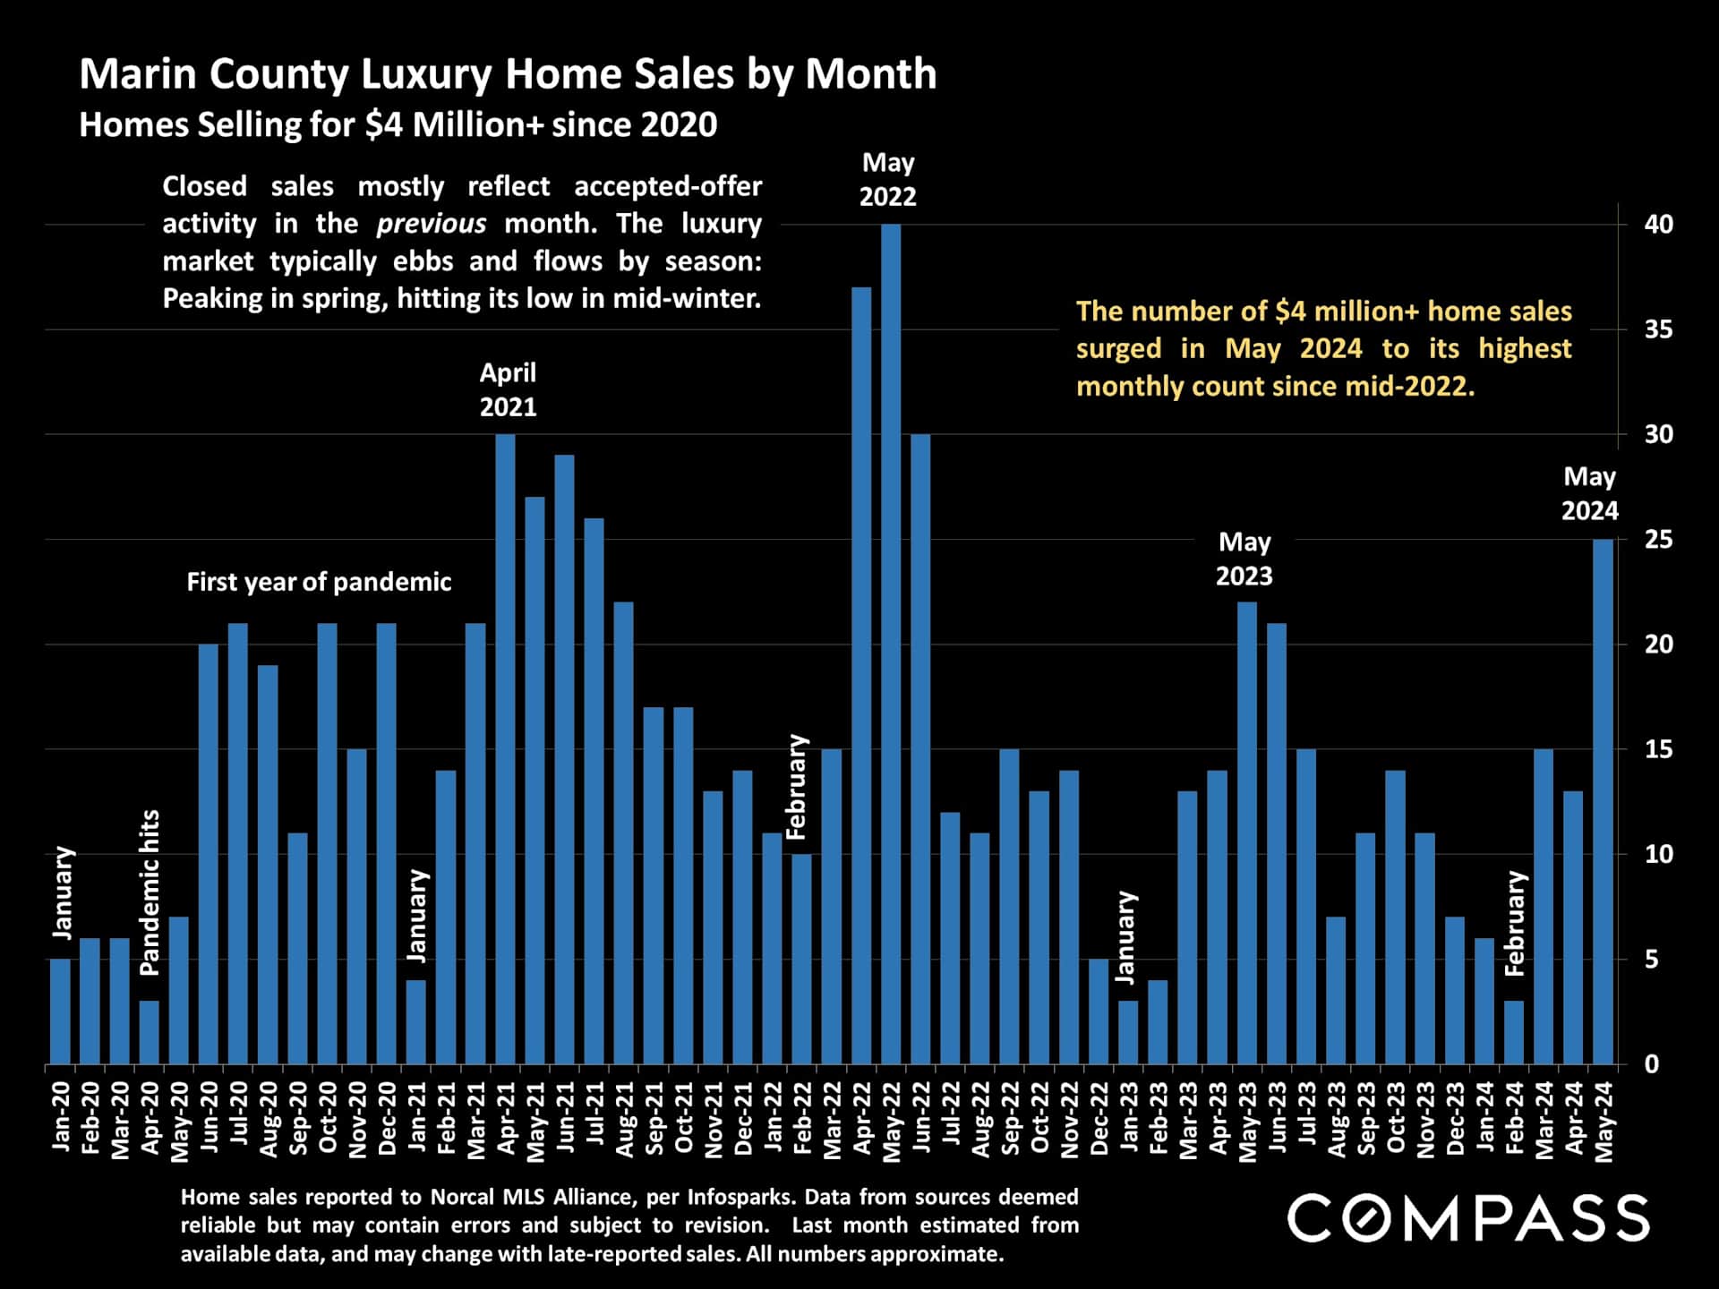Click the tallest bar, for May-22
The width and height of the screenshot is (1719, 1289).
pos(891,644)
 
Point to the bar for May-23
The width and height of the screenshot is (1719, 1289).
pos(1247,832)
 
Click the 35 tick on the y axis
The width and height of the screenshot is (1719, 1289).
pos(1658,329)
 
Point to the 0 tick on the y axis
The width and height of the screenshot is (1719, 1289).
pos(1652,1064)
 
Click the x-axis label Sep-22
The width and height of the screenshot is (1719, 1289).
pos(1010,1118)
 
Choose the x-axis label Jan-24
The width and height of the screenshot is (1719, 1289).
pos(1484,1118)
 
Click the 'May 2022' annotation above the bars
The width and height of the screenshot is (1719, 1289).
pos(888,180)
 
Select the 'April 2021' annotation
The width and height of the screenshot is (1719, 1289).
pos(508,389)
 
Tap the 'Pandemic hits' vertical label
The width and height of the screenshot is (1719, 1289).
pos(150,892)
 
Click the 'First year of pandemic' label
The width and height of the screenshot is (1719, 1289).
pos(319,582)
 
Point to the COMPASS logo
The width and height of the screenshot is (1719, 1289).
pos(1468,1217)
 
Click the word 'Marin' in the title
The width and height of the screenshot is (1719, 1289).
pos(139,73)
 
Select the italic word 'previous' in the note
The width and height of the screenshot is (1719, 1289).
pos(431,223)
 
